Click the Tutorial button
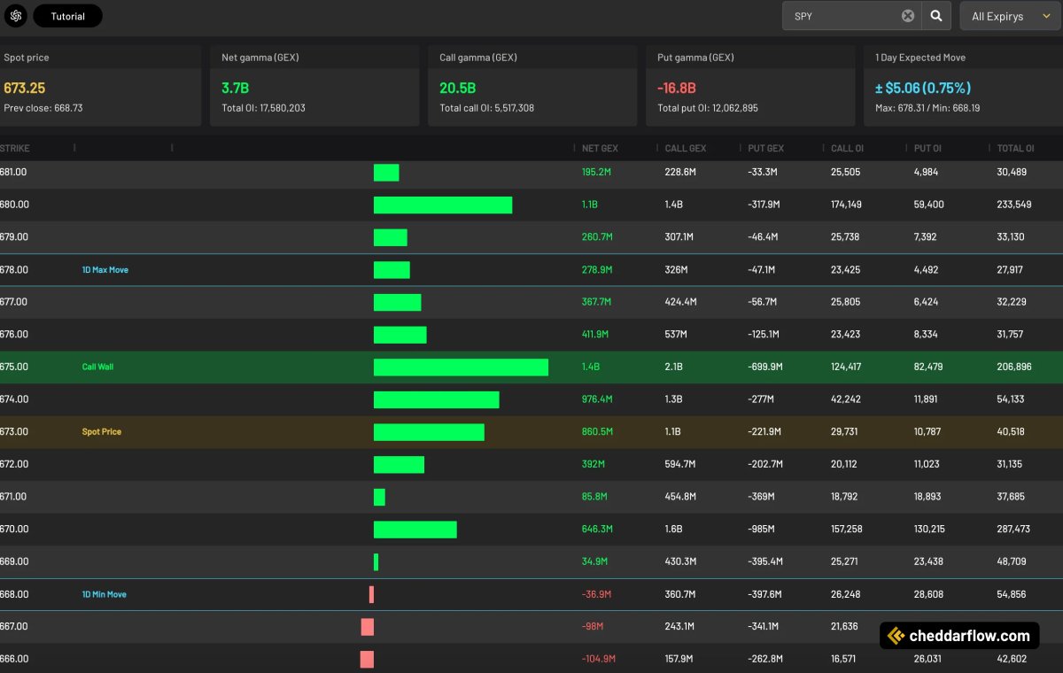pos(67,16)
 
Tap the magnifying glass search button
pos(935,16)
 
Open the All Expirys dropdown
pos(1010,16)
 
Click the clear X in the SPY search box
pos(908,16)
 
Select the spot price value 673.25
pos(25,88)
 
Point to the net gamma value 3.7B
pos(236,88)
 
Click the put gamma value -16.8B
pos(677,88)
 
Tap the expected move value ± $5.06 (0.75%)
pos(923,88)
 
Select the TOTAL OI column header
pos(1015,148)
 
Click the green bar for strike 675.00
pos(461,367)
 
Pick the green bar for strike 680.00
pos(443,205)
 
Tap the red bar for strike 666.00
pos(367,659)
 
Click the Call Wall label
pos(97,367)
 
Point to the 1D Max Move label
pos(105,269)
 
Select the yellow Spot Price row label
pos(102,431)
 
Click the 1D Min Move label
pos(105,594)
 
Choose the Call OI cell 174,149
pos(846,205)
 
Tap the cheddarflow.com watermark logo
pos(959,636)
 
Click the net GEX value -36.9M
pos(598,594)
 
